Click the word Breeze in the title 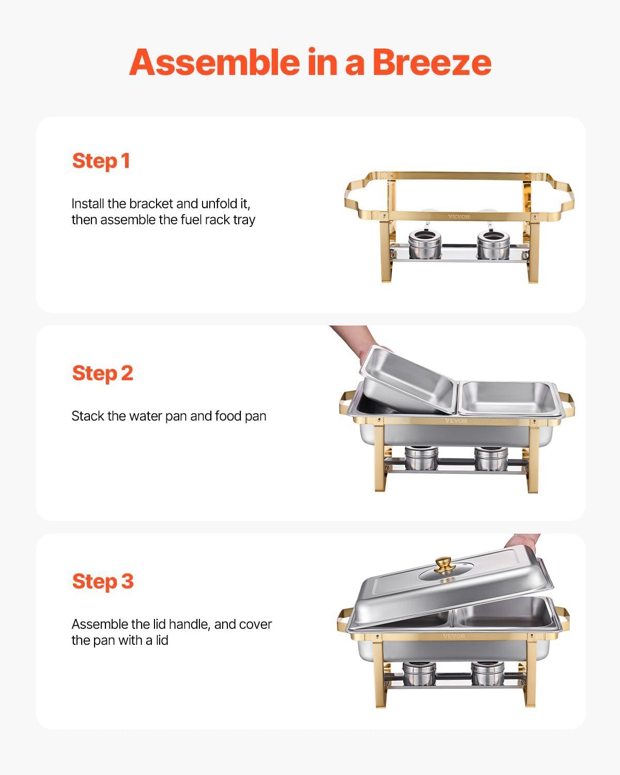[x=431, y=62]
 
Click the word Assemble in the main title [x=214, y=62]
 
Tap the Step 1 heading [x=101, y=161]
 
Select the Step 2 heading [x=103, y=374]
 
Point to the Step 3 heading [x=103, y=581]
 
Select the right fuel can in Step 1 [x=493, y=245]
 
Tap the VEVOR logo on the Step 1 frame [x=459, y=217]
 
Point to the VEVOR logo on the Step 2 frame [x=456, y=421]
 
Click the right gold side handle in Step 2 [x=566, y=405]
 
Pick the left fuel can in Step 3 [x=419, y=673]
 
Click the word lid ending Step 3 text [x=161, y=640]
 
